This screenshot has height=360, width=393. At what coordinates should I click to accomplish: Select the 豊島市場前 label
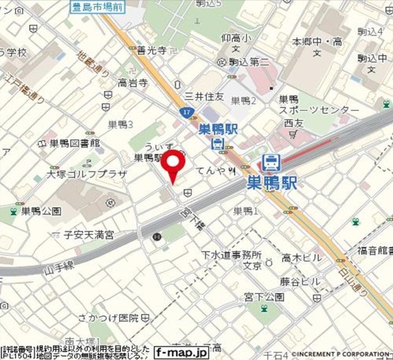pos(97,8)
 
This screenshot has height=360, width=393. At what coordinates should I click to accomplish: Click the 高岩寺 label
pos(133,82)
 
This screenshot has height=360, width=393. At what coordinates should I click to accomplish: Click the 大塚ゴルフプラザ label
pos(87,174)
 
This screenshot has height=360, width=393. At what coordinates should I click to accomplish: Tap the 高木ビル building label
pos(301,259)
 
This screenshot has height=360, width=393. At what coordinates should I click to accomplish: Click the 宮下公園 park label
pos(265,297)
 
